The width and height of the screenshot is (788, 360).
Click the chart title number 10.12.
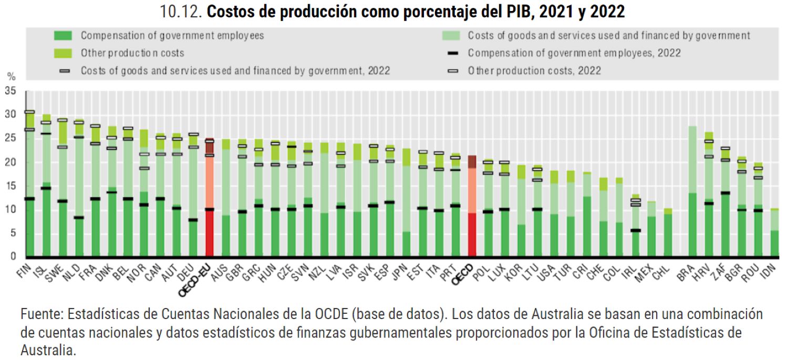click(181, 12)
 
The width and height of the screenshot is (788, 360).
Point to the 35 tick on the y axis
click(9, 91)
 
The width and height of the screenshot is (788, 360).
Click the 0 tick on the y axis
click(13, 256)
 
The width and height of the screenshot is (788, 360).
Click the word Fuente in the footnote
click(40, 315)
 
